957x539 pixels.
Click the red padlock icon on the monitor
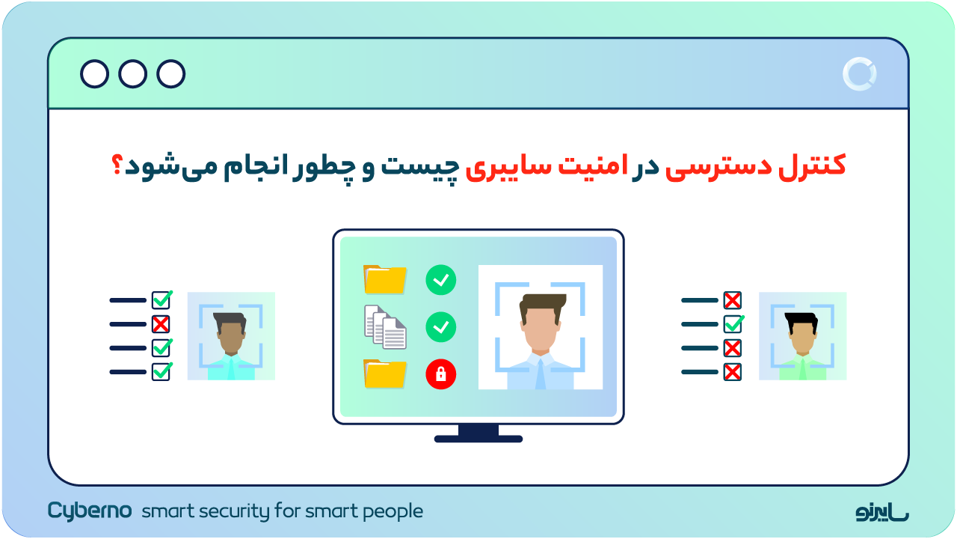[440, 374]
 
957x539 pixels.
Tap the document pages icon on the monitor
[385, 328]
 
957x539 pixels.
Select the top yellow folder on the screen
[385, 279]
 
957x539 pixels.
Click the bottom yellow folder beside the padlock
[385, 374]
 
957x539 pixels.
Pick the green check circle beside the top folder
[440, 280]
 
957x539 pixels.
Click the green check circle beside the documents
[440, 327]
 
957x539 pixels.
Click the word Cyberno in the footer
[90, 511]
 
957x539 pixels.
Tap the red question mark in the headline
[117, 166]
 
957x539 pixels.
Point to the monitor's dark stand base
[478, 438]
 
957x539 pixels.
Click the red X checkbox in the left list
[161, 324]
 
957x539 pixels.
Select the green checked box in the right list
[733, 324]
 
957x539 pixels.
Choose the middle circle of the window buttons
[133, 74]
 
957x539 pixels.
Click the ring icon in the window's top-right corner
[859, 74]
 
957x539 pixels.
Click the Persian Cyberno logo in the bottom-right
[882, 512]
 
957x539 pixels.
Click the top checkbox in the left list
[161, 300]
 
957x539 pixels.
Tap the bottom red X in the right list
[733, 372]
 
